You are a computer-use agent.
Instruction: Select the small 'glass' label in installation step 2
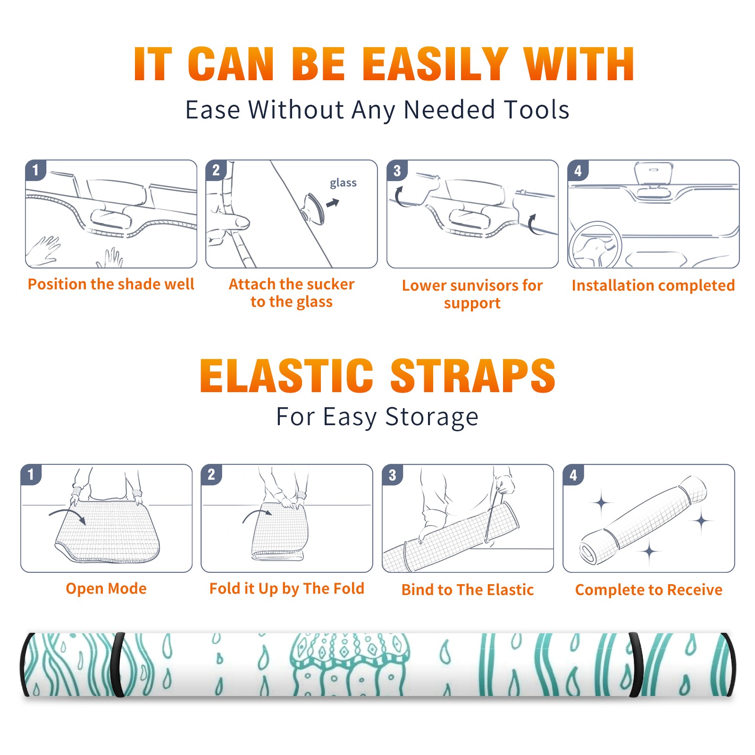tap(343, 183)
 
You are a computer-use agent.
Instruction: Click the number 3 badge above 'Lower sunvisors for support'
tap(397, 170)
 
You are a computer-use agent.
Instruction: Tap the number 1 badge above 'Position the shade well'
tap(35, 170)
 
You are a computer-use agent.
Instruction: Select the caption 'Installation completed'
tap(653, 285)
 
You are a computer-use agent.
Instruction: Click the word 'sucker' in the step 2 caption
tap(330, 284)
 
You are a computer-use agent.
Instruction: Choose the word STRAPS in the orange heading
tap(473, 376)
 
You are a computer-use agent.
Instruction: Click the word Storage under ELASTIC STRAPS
tap(432, 417)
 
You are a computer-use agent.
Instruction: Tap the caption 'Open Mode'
tap(106, 588)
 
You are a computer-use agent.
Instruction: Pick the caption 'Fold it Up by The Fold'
tap(287, 588)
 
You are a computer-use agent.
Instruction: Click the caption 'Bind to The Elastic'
tap(468, 590)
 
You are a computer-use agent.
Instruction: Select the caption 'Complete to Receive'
tap(649, 590)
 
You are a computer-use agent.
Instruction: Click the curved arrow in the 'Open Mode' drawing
tap(68, 512)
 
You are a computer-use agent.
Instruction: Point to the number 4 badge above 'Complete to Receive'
tap(573, 475)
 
